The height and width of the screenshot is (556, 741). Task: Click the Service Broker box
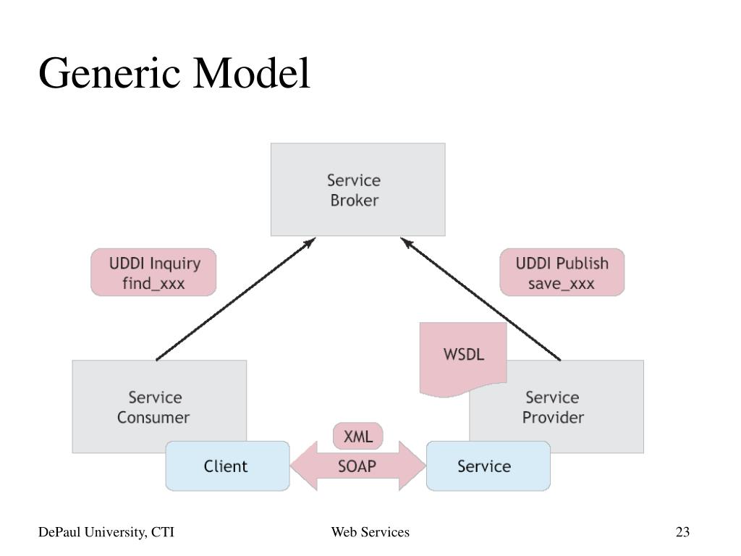point(357,190)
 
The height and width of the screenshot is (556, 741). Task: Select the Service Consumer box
point(159,407)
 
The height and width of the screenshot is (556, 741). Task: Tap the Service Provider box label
point(553,407)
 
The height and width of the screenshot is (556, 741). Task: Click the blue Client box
point(227,466)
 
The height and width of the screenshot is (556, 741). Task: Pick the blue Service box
point(488,466)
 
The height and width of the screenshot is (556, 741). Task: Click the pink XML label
point(357,436)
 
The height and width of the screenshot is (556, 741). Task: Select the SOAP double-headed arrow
point(357,466)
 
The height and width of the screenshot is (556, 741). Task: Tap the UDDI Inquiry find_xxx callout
point(153,272)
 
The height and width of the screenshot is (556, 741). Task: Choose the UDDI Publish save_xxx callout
point(562,272)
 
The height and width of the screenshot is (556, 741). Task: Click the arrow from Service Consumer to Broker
point(235,299)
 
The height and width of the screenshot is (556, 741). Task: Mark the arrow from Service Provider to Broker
point(480,299)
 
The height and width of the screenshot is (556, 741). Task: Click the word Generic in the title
point(109,74)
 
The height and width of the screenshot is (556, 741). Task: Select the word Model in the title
point(251,73)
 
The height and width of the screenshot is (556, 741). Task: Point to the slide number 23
point(682,532)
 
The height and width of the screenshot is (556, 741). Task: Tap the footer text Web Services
point(370,532)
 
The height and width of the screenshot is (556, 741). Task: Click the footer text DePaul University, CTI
point(106,532)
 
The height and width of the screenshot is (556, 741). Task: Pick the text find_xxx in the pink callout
point(153,283)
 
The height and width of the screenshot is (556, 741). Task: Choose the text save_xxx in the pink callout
point(562,284)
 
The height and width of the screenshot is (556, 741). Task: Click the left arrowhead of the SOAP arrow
point(304,466)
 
